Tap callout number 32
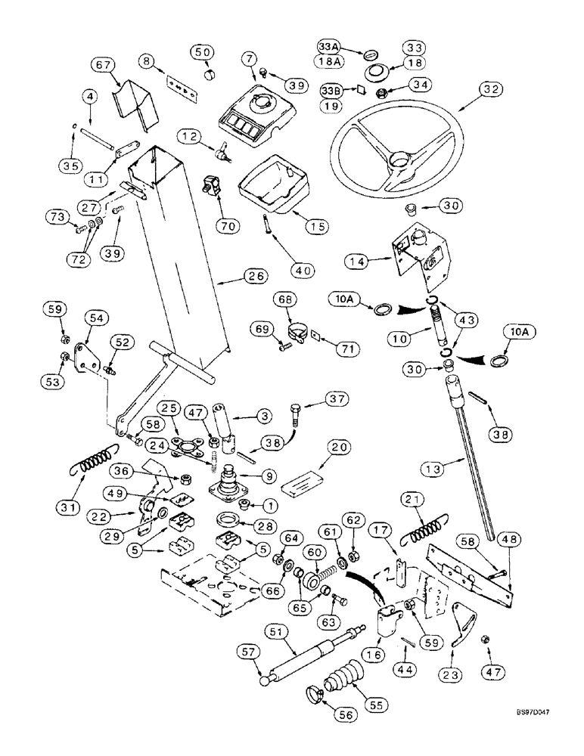click(x=493, y=89)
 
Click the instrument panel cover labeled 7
click(x=255, y=108)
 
